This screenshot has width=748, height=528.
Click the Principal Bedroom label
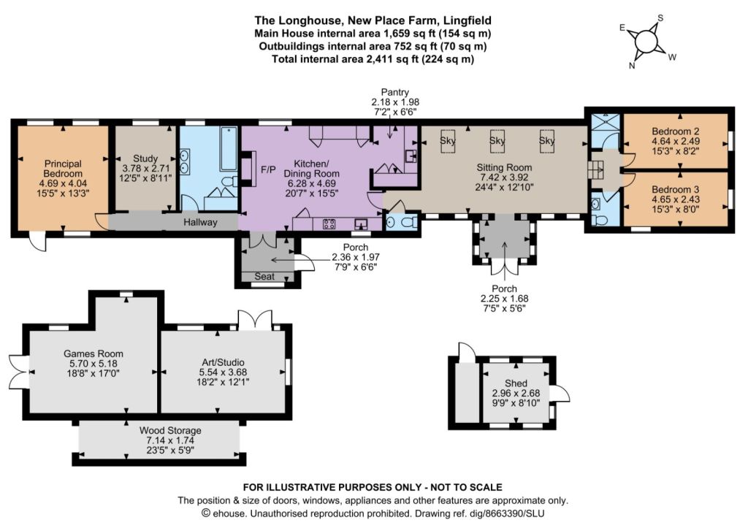(x=63, y=169)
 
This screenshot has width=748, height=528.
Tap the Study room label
(x=145, y=158)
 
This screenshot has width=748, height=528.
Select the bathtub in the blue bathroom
(x=229, y=148)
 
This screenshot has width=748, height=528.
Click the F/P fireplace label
(x=268, y=169)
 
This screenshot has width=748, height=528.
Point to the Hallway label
(x=200, y=222)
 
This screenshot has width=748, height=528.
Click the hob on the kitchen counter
(x=329, y=223)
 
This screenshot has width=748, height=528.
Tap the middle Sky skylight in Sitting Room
(x=497, y=141)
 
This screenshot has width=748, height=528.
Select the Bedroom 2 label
(x=676, y=131)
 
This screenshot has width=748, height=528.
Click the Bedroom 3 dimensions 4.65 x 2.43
(x=676, y=199)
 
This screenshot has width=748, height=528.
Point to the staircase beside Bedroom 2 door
(x=595, y=169)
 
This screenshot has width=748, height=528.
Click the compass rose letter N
(x=632, y=66)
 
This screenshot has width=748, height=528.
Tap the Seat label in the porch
(x=264, y=276)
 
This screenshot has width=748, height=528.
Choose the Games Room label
(x=93, y=353)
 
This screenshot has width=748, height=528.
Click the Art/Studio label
(x=222, y=362)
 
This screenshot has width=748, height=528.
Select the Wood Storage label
(x=170, y=430)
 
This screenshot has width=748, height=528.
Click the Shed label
(x=516, y=383)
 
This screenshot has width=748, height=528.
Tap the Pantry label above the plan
(x=395, y=92)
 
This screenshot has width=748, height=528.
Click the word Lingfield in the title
(x=467, y=20)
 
